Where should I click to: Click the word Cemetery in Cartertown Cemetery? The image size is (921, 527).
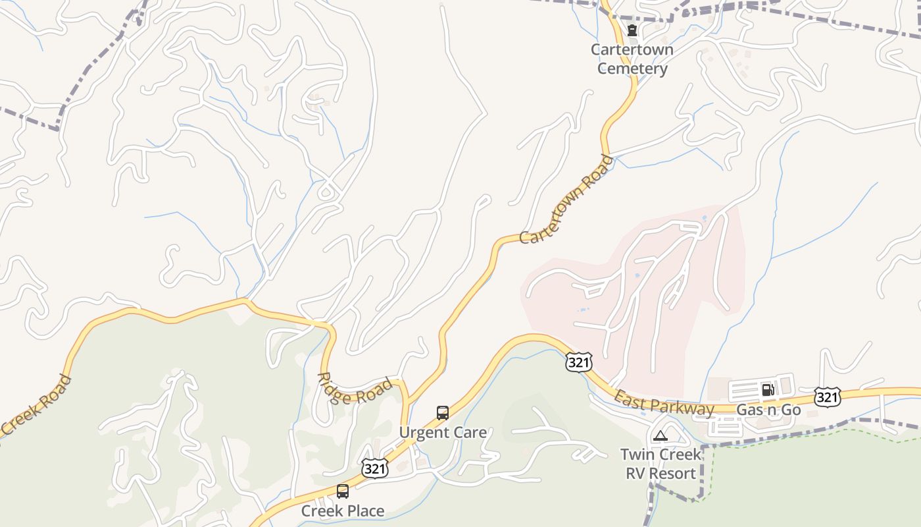[x=632, y=69]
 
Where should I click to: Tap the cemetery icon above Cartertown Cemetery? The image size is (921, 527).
[x=632, y=30]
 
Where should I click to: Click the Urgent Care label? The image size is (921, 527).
[x=443, y=433]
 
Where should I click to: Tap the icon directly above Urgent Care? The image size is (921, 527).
[x=443, y=413]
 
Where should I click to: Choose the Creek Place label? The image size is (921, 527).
[x=343, y=511]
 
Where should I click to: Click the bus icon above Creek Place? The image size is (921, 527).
[x=343, y=491]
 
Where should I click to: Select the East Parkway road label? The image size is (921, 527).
[x=664, y=403]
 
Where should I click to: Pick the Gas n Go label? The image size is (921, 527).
[x=768, y=410]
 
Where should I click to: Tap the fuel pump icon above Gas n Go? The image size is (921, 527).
[x=768, y=389]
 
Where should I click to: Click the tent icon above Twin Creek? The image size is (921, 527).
[x=660, y=435]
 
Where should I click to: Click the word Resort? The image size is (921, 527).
[x=672, y=474]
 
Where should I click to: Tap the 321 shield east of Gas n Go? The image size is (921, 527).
[x=827, y=397]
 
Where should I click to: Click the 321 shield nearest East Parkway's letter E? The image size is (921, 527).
[x=579, y=362]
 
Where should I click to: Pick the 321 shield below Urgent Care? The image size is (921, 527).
[x=374, y=468]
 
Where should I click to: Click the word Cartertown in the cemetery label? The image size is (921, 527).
[x=632, y=49]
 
